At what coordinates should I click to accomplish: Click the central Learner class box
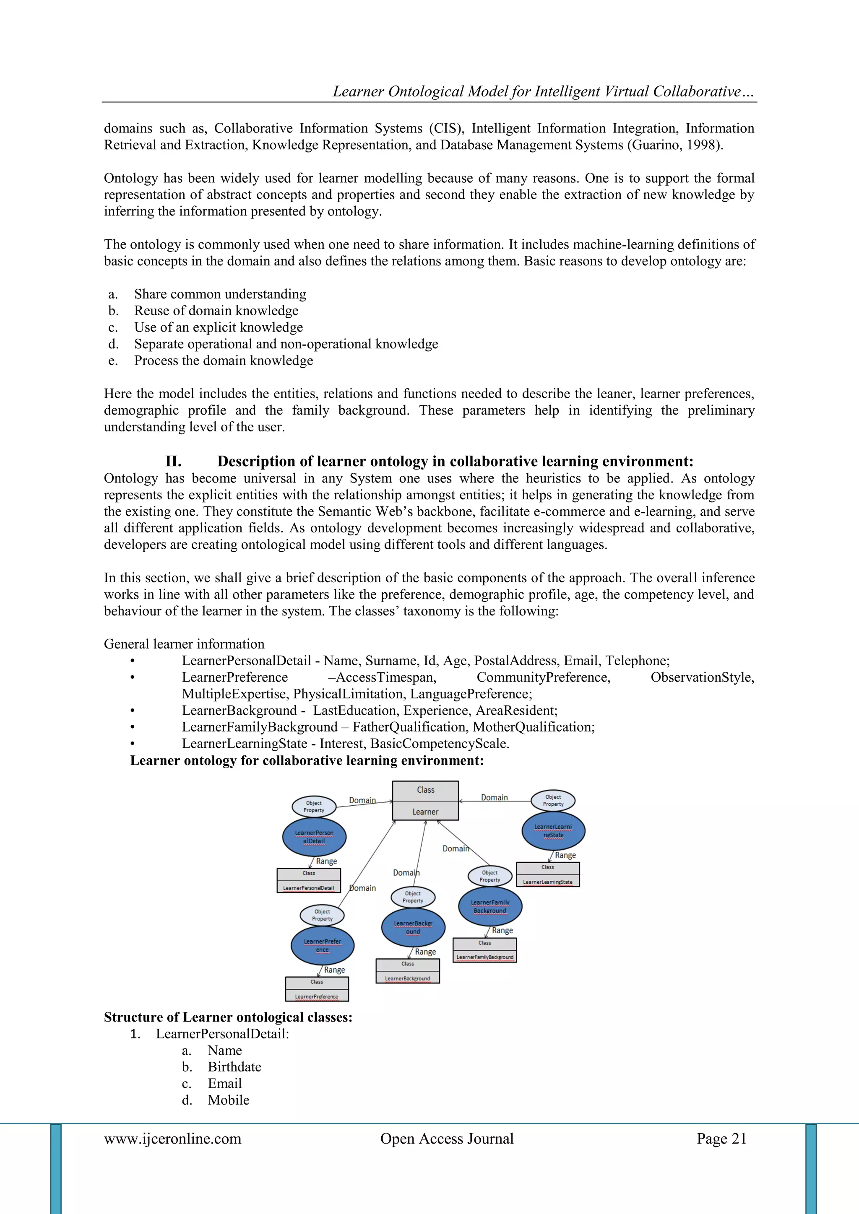click(425, 801)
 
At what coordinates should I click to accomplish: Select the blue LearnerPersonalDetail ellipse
click(314, 837)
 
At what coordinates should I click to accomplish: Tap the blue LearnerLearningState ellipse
click(553, 831)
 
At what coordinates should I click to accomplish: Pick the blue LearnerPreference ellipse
click(322, 945)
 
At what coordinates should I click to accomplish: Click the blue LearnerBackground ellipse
click(413, 927)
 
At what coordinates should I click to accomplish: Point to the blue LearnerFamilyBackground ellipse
click(490, 906)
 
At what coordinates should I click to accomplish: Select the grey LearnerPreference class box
click(317, 989)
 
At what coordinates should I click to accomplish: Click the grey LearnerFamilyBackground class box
click(484, 950)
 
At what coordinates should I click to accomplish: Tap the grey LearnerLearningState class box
click(548, 874)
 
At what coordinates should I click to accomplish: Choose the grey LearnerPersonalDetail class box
click(309, 881)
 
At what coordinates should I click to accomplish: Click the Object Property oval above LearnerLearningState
click(553, 801)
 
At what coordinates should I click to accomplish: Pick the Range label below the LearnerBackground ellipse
click(425, 952)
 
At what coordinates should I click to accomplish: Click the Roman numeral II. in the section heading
click(174, 461)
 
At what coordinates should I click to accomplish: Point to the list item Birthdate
click(234, 1066)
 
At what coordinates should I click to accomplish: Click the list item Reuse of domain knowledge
click(216, 310)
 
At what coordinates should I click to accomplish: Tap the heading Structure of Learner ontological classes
click(228, 1017)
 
